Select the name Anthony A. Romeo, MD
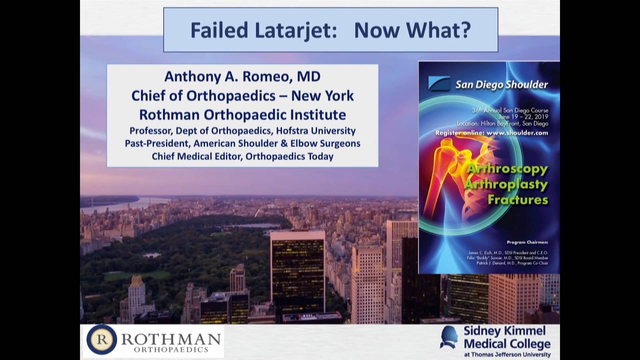(242, 76)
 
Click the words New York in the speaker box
(322, 96)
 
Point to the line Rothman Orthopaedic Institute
(242, 115)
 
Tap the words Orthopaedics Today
(289, 156)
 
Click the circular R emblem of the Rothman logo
(102, 340)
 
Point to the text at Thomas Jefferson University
(507, 354)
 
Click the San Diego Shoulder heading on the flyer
(501, 85)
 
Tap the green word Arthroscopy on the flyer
(507, 169)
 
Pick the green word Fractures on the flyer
(518, 200)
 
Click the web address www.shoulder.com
(517, 133)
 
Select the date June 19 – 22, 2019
(523, 117)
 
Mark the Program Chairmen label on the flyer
(527, 242)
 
